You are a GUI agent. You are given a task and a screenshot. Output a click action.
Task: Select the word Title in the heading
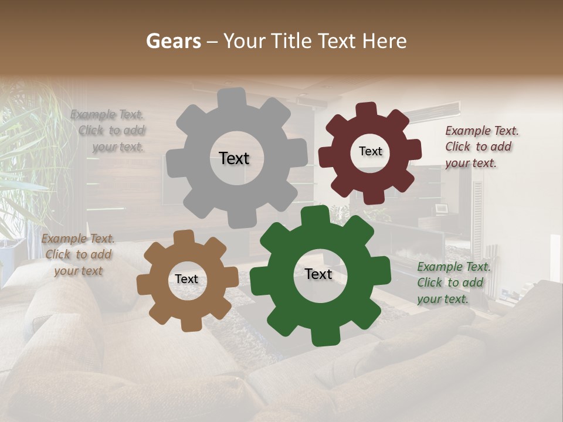(x=293, y=41)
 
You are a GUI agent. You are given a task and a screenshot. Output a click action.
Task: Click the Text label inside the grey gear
(x=234, y=158)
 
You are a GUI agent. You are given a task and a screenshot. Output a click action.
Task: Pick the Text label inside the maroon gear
(x=370, y=151)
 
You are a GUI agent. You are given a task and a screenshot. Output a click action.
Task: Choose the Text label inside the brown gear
(x=186, y=279)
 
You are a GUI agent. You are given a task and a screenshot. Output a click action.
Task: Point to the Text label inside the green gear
(x=318, y=274)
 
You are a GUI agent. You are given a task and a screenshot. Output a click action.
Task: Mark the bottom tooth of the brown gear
(x=188, y=324)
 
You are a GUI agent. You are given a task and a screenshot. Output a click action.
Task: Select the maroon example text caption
(x=481, y=147)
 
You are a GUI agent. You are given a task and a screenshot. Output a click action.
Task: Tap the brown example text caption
(x=77, y=254)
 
